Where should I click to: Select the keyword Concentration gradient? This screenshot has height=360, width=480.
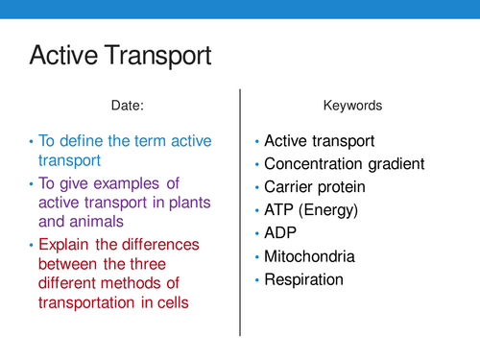coord(344,163)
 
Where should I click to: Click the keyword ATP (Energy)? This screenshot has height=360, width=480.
coord(313,209)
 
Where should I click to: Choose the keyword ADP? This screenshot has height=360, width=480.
coord(281,233)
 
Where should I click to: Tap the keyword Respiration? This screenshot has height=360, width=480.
coord(306,280)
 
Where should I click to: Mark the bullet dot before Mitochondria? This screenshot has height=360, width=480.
coord(256,257)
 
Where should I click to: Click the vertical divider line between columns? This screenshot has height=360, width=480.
coord(238,211)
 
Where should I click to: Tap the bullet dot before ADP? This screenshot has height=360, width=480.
coord(256,234)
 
